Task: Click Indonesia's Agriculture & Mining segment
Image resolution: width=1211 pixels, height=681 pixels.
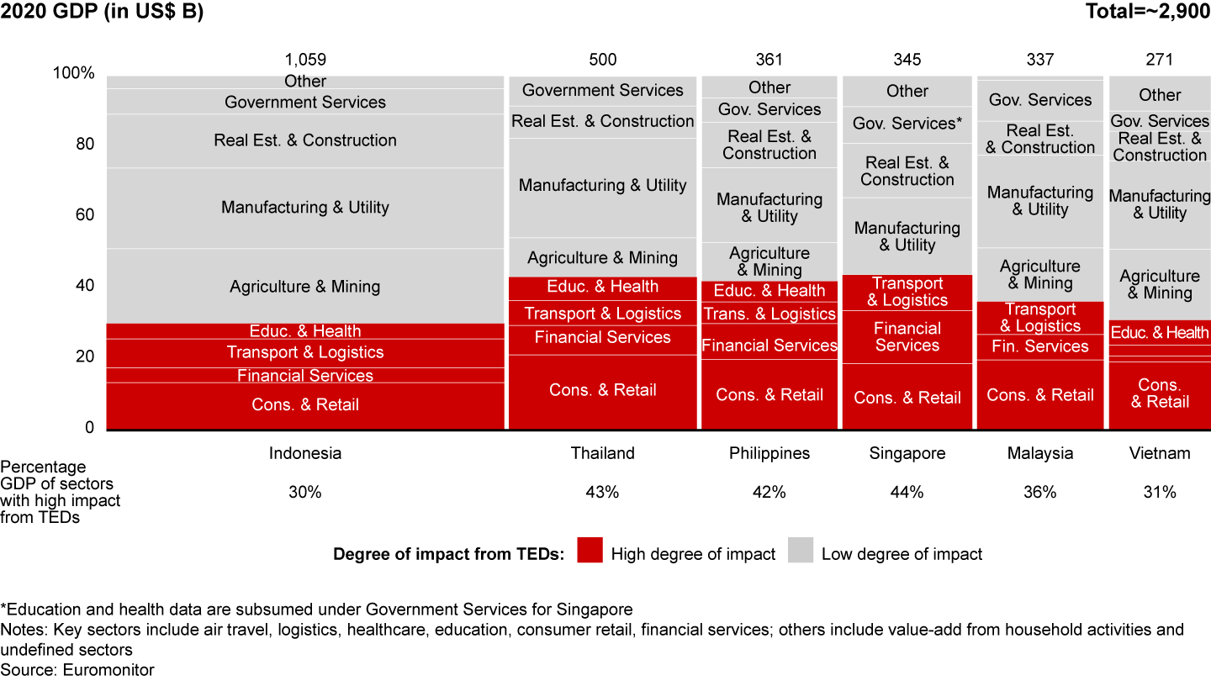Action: pyautogui.click(x=305, y=287)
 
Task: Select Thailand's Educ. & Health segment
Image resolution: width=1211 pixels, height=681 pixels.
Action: pyautogui.click(x=602, y=287)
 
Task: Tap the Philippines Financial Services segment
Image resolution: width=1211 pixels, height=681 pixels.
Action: pyautogui.click(x=769, y=346)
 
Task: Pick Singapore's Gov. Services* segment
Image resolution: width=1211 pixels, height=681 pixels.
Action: pyautogui.click(x=907, y=124)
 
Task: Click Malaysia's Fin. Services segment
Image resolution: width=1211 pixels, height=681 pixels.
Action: pyautogui.click(x=1040, y=346)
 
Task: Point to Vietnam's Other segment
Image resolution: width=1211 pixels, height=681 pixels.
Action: pyautogui.click(x=1160, y=95)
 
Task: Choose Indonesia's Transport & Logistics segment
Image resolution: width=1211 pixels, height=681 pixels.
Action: pyautogui.click(x=305, y=352)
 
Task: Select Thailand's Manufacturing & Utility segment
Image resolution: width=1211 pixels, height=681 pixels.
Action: pyautogui.click(x=602, y=186)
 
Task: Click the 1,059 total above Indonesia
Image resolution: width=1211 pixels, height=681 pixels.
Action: pyautogui.click(x=305, y=60)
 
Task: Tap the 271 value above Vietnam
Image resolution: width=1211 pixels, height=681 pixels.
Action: pyautogui.click(x=1160, y=60)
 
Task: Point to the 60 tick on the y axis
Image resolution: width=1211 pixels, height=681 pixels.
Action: pyautogui.click(x=85, y=215)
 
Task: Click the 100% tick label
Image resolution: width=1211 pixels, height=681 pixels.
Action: pyautogui.click(x=74, y=73)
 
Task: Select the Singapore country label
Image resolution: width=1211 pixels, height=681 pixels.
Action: pyautogui.click(x=907, y=453)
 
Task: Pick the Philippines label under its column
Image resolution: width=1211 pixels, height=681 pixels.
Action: pyautogui.click(x=769, y=453)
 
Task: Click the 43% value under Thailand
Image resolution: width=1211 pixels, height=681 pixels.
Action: pyautogui.click(x=602, y=493)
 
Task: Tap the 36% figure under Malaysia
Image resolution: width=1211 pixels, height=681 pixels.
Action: pyautogui.click(x=1040, y=493)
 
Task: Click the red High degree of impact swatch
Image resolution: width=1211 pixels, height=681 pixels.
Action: pyautogui.click(x=590, y=552)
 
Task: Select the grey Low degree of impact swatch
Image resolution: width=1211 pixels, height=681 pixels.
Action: pyautogui.click(x=800, y=552)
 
